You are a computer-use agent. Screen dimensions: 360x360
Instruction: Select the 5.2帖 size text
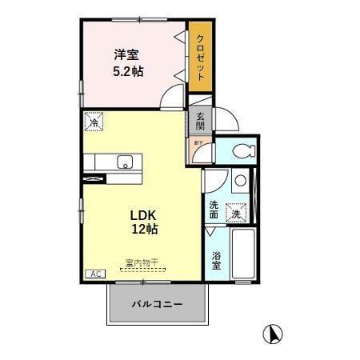pos(126,71)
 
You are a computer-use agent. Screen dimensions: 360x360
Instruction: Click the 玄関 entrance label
pos(200,121)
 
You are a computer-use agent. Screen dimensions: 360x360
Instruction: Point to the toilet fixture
pos(241,150)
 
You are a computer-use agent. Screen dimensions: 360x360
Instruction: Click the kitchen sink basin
pos(124,162)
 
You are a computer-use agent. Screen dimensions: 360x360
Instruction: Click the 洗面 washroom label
pos(214,210)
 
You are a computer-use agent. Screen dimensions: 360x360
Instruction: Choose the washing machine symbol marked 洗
pos(236,213)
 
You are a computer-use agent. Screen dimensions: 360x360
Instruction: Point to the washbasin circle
pos(240,182)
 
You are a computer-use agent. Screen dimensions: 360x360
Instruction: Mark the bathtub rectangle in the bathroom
pos(242,254)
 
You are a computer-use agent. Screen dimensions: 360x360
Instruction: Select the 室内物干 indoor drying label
pos(142,262)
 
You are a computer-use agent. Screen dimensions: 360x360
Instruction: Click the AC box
pos(94,274)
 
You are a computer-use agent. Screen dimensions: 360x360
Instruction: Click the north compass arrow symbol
pos(274,331)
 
